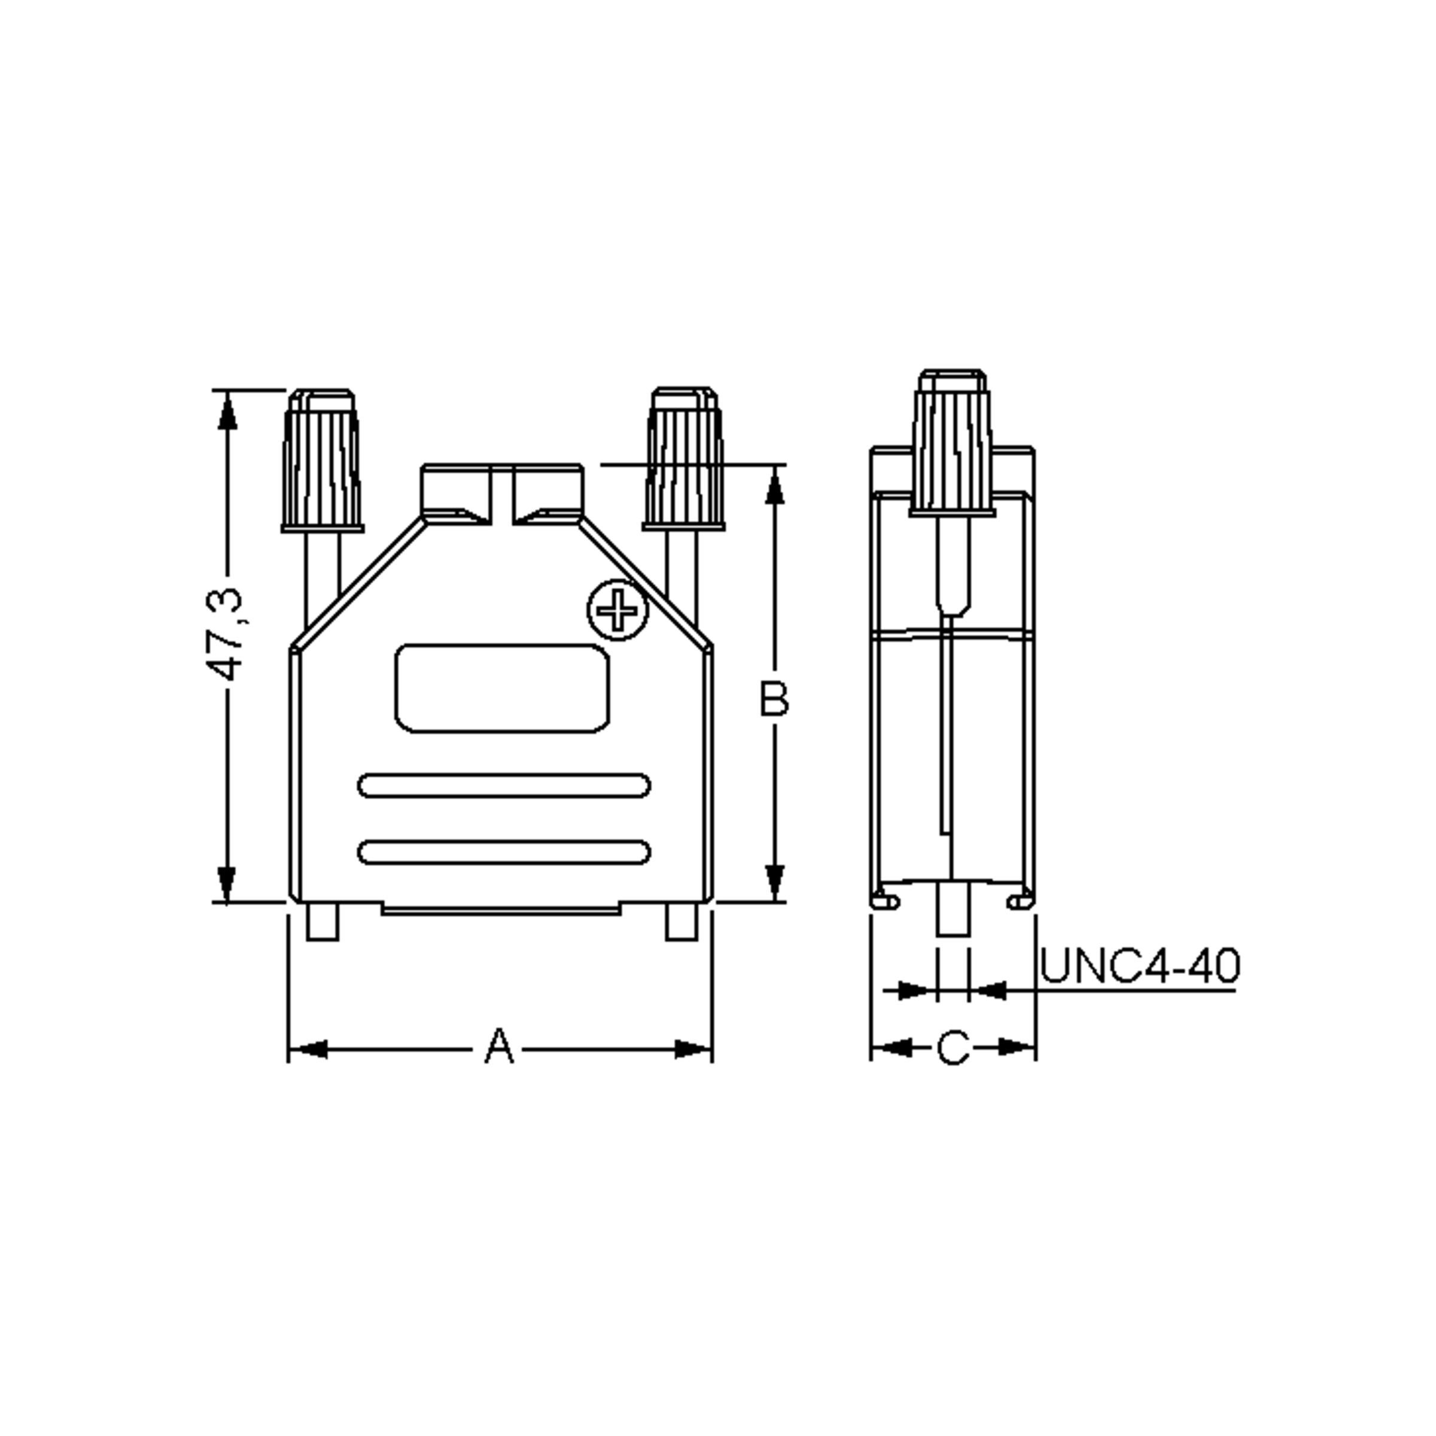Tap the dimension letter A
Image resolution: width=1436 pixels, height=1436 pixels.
pyautogui.click(x=500, y=1046)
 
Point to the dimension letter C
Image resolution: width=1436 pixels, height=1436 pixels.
pyautogui.click(x=953, y=1048)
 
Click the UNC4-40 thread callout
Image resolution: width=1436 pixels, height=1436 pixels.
pyautogui.click(x=1139, y=966)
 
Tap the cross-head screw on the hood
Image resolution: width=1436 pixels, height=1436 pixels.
pyautogui.click(x=617, y=610)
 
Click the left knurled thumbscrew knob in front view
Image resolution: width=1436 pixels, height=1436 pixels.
pyautogui.click(x=322, y=461)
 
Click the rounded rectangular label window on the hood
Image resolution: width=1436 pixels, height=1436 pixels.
pyautogui.click(x=502, y=688)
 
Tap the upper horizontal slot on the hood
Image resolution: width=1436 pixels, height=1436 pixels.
pyautogui.click(x=504, y=785)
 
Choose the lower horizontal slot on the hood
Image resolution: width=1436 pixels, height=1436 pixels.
pyautogui.click(x=504, y=852)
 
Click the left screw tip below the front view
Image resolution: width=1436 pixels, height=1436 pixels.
pyautogui.click(x=323, y=921)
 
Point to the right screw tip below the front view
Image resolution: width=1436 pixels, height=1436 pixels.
pyautogui.click(x=682, y=921)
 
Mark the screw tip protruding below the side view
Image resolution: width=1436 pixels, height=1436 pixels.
pyautogui.click(x=953, y=908)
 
